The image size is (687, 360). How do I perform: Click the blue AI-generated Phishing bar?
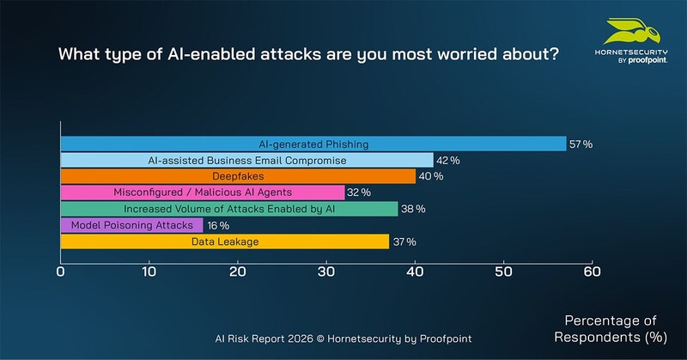tap(313, 144)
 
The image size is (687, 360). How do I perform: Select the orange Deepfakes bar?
tap(238, 176)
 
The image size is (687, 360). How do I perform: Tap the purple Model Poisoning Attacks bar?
tap(131, 225)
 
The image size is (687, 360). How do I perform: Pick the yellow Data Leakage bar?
tap(224, 241)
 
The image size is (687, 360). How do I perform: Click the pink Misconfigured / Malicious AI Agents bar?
tap(203, 192)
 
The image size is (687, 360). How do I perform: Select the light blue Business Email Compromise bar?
tap(246, 161)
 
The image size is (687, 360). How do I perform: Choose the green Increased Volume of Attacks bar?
tap(229, 209)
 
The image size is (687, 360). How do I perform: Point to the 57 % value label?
tap(581, 144)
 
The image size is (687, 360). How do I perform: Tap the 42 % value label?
tap(448, 161)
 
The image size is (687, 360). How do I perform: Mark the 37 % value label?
tap(404, 241)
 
